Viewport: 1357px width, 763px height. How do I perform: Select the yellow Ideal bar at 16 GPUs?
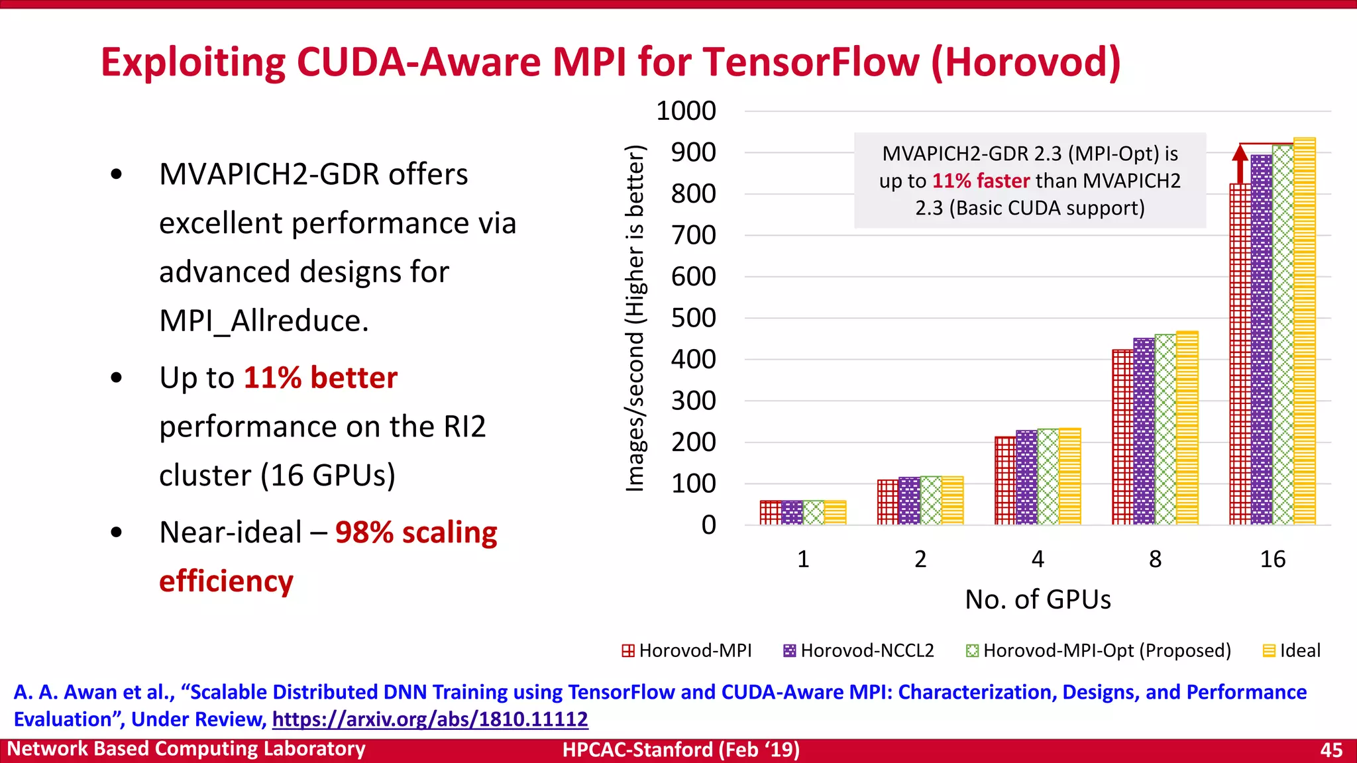pyautogui.click(x=1304, y=331)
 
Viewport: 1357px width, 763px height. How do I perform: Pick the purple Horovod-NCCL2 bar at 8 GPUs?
pyautogui.click(x=1144, y=431)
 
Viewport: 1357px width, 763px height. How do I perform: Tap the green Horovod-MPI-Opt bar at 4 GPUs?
pyautogui.click(x=1048, y=477)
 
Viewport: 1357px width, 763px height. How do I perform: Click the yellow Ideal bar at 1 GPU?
pyautogui.click(x=835, y=513)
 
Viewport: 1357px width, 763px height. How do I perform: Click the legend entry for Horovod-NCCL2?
pyautogui.click(x=859, y=650)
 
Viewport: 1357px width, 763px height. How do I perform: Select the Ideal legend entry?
pyautogui.click(x=1291, y=650)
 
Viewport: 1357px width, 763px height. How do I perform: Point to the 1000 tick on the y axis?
pyautogui.click(x=686, y=111)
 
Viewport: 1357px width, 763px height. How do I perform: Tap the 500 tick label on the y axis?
pyautogui.click(x=693, y=318)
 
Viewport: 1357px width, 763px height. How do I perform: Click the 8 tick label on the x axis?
pyautogui.click(x=1155, y=559)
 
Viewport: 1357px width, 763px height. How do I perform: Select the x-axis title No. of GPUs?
pyautogui.click(x=1038, y=599)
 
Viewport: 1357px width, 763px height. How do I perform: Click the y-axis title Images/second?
pyautogui.click(x=635, y=318)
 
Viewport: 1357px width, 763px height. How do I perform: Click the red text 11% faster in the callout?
pyautogui.click(x=981, y=181)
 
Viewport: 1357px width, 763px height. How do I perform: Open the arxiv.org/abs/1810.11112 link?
pyautogui.click(x=430, y=719)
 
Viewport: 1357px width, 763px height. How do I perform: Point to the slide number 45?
pyautogui.click(x=1331, y=750)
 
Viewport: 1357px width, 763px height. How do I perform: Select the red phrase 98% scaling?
pyautogui.click(x=416, y=533)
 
